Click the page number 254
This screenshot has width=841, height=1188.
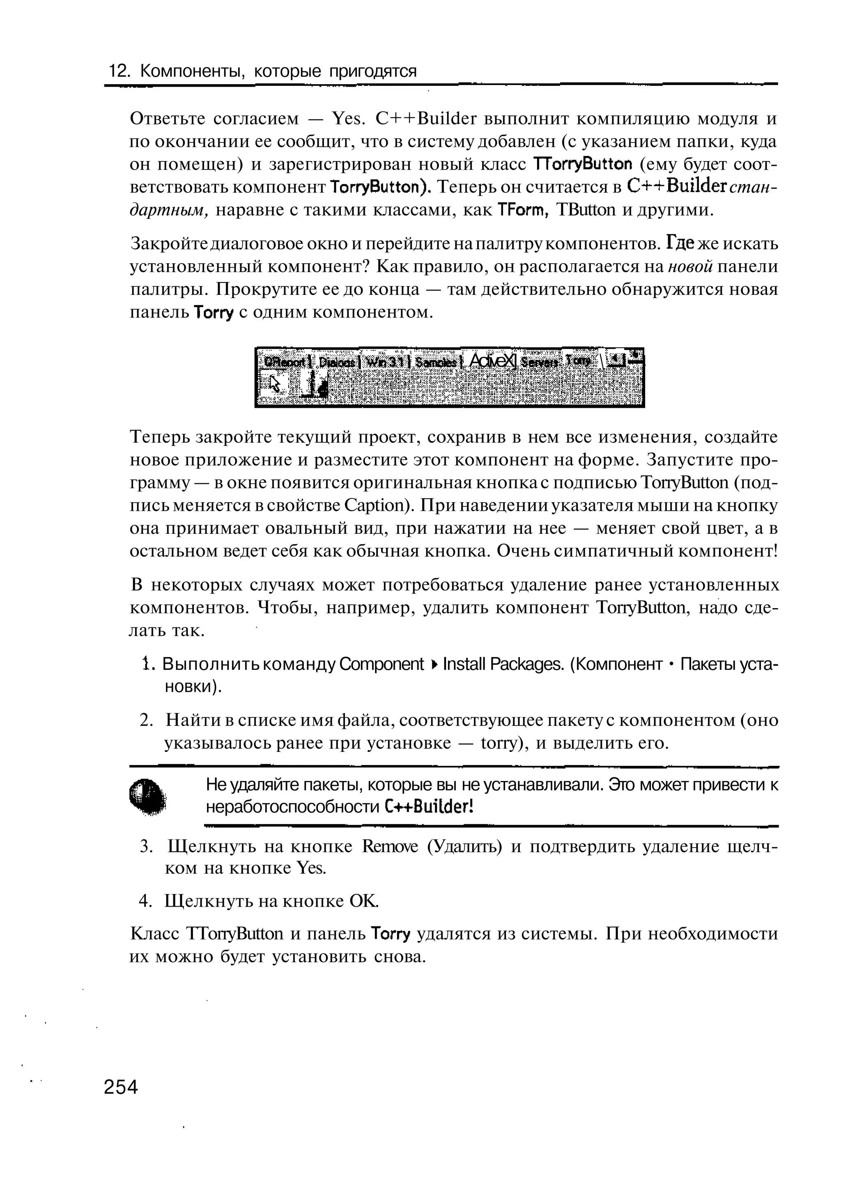point(121,1087)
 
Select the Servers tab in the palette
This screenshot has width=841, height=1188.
point(540,363)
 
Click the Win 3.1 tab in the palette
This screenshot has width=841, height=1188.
point(387,363)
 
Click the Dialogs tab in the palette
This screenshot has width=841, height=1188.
point(337,363)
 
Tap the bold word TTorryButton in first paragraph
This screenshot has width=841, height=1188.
point(583,164)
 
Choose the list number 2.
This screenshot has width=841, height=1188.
point(145,720)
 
